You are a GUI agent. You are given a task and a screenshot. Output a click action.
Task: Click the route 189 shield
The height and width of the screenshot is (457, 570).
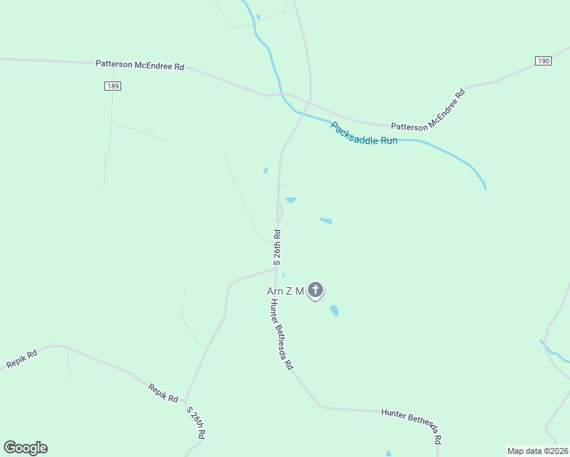coord(113,86)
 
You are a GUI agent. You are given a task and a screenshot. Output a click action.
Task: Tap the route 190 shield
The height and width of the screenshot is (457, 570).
coord(543,61)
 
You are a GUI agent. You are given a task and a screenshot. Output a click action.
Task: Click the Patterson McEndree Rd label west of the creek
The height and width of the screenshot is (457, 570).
coord(140,66)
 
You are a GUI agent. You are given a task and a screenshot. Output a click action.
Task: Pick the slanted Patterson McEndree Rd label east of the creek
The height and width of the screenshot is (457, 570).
coord(427,111)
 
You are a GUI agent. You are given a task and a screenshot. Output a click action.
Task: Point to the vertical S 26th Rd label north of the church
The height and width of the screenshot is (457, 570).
coord(277,245)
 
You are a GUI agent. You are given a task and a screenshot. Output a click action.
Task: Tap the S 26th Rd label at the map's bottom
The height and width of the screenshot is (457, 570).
coord(196,422)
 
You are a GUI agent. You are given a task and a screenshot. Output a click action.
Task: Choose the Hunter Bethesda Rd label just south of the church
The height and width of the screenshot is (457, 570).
coord(280,334)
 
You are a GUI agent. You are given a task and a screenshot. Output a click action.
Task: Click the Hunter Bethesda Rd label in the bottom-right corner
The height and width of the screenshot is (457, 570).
coord(412,423)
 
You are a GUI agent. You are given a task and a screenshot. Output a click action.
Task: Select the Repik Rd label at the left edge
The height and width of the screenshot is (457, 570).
coord(21,360)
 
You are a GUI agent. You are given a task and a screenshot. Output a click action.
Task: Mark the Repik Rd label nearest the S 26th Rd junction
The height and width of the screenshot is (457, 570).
coord(163,393)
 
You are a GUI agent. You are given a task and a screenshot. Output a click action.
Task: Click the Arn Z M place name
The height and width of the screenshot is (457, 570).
coord(285,291)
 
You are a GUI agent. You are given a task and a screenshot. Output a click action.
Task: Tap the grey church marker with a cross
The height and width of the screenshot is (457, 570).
coord(315,290)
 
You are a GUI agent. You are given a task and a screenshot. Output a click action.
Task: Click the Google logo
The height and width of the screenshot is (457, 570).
coord(25,448)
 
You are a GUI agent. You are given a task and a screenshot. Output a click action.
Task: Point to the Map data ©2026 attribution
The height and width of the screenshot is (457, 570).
coord(536,450)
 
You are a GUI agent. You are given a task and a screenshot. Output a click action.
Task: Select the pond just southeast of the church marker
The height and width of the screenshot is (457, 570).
coord(334,310)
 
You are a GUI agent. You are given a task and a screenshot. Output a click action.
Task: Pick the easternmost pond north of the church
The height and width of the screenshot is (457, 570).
coord(326,222)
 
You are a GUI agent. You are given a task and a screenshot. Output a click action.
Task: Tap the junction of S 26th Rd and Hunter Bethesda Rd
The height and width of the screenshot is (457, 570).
coord(275,268)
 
